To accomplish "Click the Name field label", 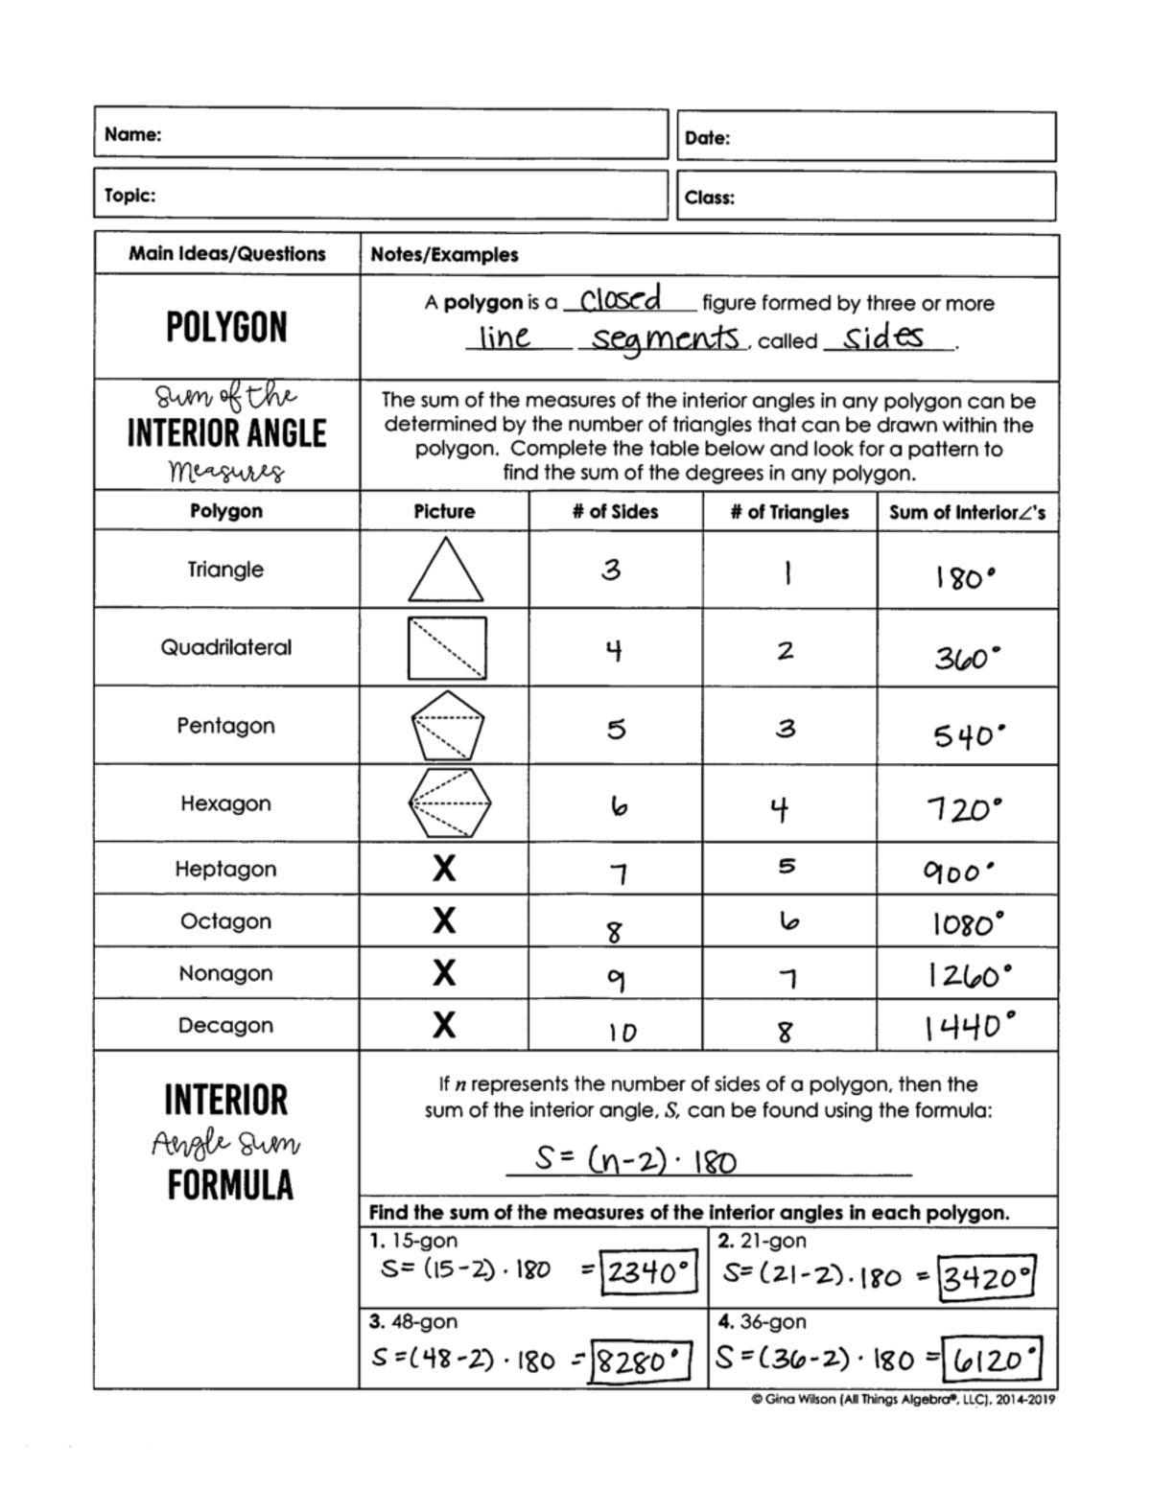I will [132, 134].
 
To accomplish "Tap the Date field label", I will [707, 138].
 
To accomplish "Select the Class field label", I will [710, 198].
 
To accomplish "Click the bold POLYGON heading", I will [226, 327].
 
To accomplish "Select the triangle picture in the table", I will [445, 570].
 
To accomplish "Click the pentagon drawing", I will [447, 726].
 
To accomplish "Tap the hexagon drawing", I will [449, 803].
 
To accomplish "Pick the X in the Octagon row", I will [443, 921].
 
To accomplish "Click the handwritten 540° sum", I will [969, 736].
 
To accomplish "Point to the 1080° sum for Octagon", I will [968, 924].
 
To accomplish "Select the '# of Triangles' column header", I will [789, 512].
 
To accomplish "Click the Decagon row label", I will [225, 1025].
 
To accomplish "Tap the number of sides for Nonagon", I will [616, 979].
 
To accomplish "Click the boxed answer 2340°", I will [647, 1273].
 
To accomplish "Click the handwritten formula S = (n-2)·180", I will [635, 1161].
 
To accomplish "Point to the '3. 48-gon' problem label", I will [413, 1321].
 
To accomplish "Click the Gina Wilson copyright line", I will [903, 1400].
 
